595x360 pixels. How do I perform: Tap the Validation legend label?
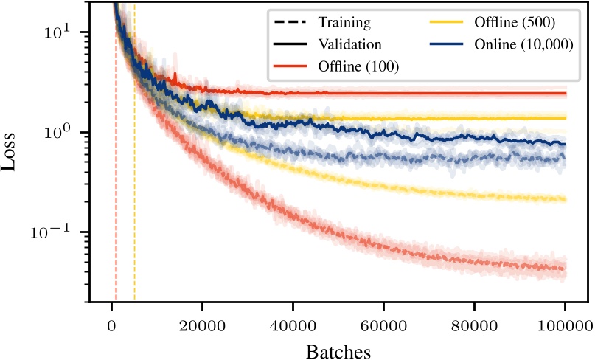pyautogui.click(x=349, y=44)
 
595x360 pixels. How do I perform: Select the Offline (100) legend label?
pyautogui.click(x=358, y=66)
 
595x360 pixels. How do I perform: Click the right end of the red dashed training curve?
pyautogui.click(x=564, y=269)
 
